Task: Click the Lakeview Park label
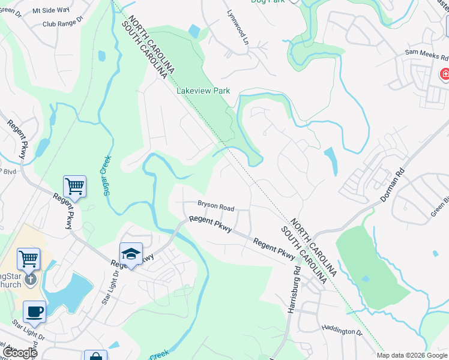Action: [203, 91]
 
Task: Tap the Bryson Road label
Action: [215, 207]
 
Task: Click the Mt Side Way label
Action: [50, 11]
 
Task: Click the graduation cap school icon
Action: [131, 254]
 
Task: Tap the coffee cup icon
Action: [34, 312]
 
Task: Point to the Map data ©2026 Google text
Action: [411, 355]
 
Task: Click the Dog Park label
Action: [268, 2]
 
